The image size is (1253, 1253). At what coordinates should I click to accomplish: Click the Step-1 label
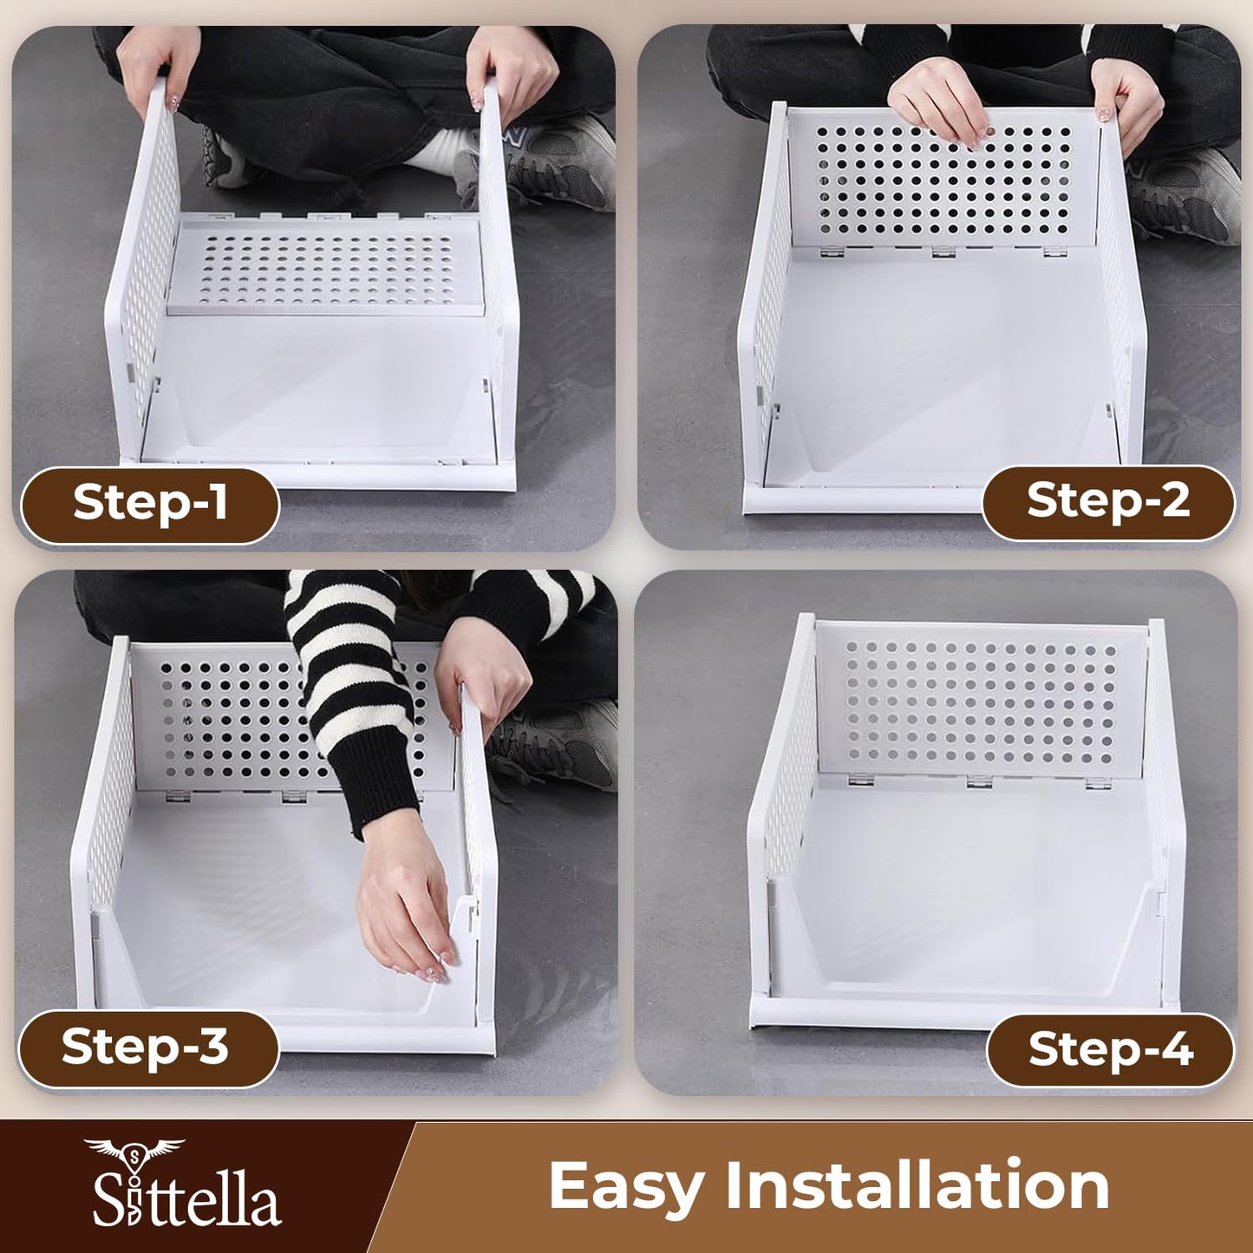pyautogui.click(x=149, y=503)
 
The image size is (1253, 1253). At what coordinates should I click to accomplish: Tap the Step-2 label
pyautogui.click(x=1107, y=501)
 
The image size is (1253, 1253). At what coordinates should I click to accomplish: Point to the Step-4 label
pyautogui.click(x=1110, y=1050)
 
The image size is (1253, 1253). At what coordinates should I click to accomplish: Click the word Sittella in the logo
pyautogui.click(x=186, y=1201)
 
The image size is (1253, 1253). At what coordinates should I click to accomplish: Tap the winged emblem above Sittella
pyautogui.click(x=134, y=1152)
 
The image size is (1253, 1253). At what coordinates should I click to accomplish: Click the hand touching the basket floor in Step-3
pyautogui.click(x=408, y=919)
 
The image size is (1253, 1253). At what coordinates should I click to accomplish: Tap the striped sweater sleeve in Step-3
pyautogui.click(x=356, y=685)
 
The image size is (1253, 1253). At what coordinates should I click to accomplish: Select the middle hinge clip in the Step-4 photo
pyautogui.click(x=979, y=780)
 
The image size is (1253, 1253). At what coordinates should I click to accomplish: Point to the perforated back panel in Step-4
pyautogui.click(x=980, y=702)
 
